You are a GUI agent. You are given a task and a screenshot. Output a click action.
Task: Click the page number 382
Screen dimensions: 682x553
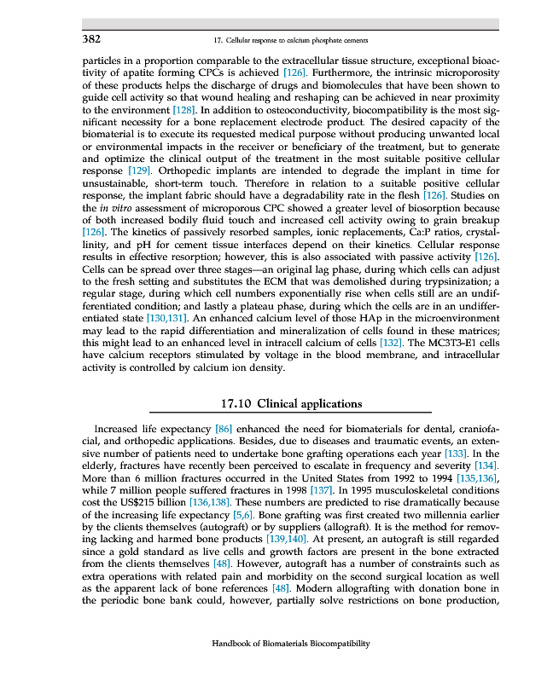tap(91, 39)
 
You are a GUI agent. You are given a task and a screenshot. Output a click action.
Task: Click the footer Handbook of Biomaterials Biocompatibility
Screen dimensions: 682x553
tap(291, 644)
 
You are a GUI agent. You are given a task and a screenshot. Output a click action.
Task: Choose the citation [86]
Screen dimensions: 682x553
tap(224, 429)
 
